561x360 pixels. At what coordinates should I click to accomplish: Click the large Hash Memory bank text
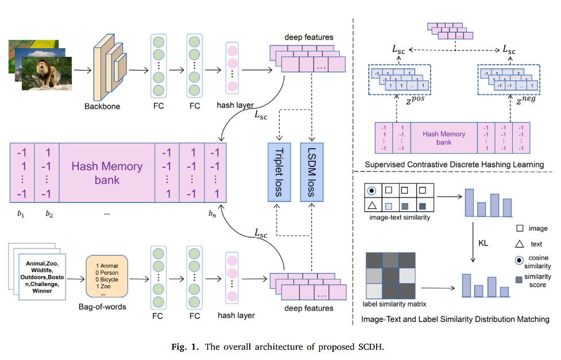(x=107, y=173)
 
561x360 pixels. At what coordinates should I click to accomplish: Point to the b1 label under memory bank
(x=21, y=214)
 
